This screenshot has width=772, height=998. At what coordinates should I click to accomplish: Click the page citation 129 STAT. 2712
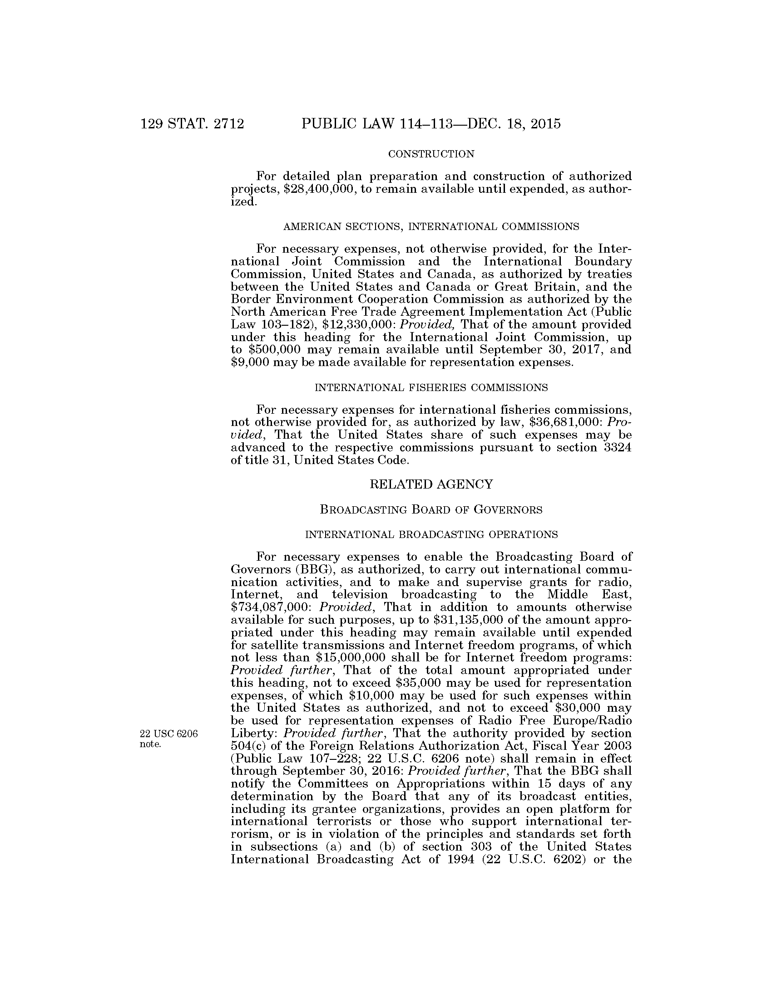pyautogui.click(x=193, y=124)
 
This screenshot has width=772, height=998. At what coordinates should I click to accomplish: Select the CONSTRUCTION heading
pyautogui.click(x=431, y=154)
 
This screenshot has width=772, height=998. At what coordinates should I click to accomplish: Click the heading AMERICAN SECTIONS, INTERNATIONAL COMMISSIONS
pyautogui.click(x=431, y=227)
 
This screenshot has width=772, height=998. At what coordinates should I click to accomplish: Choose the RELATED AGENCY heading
pyautogui.click(x=431, y=484)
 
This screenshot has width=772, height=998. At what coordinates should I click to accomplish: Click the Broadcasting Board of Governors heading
pyautogui.click(x=431, y=510)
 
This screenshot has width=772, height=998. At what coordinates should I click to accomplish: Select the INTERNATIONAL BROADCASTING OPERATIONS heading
pyautogui.click(x=431, y=535)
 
